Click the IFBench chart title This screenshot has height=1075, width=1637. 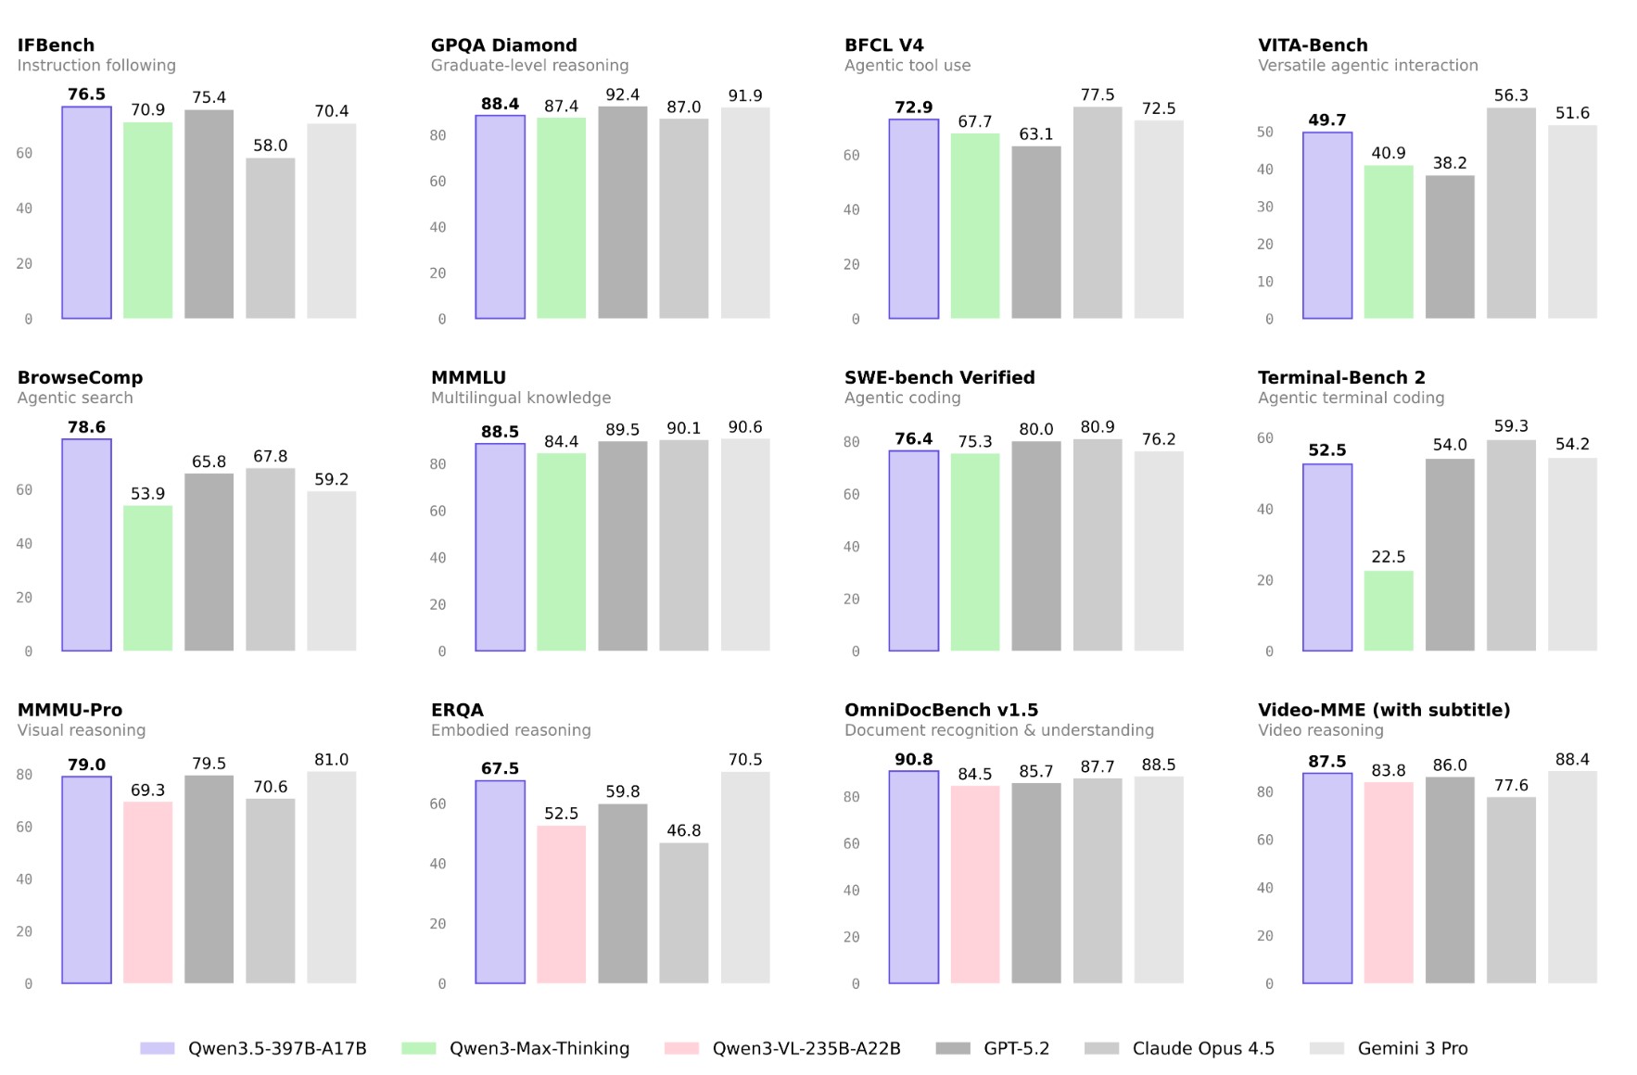pyautogui.click(x=56, y=44)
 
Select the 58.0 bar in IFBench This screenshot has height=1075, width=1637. pyautogui.click(x=270, y=238)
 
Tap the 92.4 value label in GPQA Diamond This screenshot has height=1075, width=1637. pyautogui.click(x=622, y=95)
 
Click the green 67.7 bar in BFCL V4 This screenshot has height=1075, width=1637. pyautogui.click(x=974, y=226)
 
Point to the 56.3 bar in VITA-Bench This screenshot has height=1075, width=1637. pyautogui.click(x=1510, y=213)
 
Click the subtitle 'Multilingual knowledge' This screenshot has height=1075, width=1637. pyautogui.click(x=520, y=398)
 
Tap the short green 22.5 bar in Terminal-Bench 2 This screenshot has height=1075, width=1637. pyautogui.click(x=1388, y=611)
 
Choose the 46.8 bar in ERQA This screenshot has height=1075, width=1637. pyautogui.click(x=683, y=913)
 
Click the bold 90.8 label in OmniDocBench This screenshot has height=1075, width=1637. pyautogui.click(x=913, y=759)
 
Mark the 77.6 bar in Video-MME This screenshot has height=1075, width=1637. pyautogui.click(x=1510, y=890)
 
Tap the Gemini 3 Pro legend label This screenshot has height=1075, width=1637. pyautogui.click(x=1412, y=1048)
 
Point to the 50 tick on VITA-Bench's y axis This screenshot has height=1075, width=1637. pyautogui.click(x=1264, y=132)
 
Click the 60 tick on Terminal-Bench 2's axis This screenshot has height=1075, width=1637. pyautogui.click(x=1264, y=437)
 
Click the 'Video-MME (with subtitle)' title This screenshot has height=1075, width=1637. pyautogui.click(x=1383, y=710)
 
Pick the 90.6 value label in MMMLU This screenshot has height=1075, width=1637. pyautogui.click(x=744, y=427)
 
